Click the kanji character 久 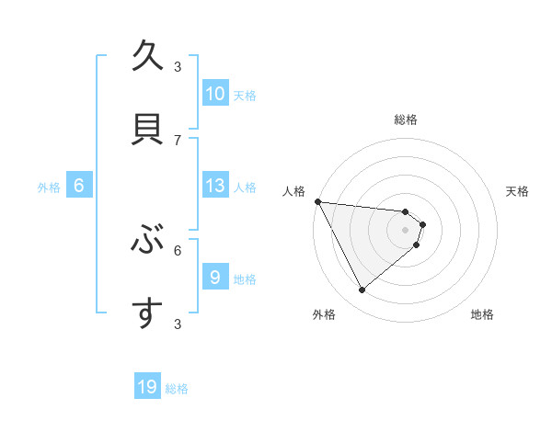147,57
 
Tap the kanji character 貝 147,130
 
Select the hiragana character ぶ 147,240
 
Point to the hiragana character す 147,313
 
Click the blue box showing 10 215,94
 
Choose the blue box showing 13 215,186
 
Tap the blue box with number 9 215,278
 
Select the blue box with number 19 147,387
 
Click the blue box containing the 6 79,186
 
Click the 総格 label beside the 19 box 177,389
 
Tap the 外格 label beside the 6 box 49,187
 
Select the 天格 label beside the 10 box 244,95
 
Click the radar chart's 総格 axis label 405,119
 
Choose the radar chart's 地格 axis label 482,314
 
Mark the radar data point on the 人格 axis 317,201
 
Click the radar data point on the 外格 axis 362,290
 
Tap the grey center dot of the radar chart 405,230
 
